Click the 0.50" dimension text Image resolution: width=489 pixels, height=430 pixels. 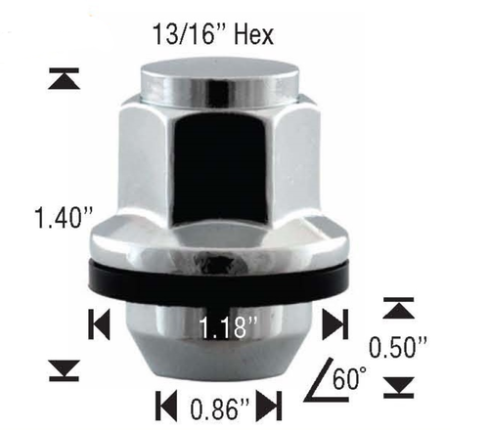tap(399, 347)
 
